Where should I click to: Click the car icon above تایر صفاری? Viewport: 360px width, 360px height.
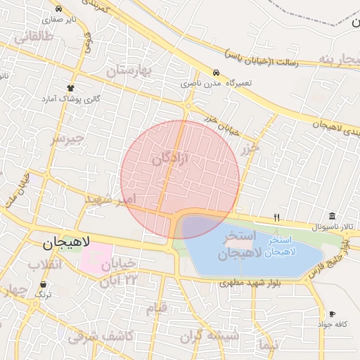click(58, 9)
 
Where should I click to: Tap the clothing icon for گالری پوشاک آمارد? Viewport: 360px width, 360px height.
click(70, 87)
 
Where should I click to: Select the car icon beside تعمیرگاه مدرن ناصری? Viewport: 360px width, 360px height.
click(215, 73)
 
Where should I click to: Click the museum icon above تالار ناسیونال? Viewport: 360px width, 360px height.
click(332, 216)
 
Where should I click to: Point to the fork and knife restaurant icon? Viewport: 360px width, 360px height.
click(277, 217)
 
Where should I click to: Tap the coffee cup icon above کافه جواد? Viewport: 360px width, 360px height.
click(332, 314)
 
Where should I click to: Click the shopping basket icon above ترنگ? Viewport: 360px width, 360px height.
click(44, 285)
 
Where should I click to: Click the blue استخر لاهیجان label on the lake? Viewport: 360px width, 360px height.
click(281, 245)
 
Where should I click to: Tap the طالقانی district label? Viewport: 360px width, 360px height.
click(33, 37)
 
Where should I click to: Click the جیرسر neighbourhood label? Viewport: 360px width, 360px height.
click(67, 139)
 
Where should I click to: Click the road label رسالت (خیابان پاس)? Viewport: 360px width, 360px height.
click(262, 58)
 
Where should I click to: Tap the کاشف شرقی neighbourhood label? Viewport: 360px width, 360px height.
click(101, 336)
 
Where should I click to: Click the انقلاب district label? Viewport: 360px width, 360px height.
click(44, 264)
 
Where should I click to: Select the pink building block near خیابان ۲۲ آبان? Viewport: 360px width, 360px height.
click(96, 257)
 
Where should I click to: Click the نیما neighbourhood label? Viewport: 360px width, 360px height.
click(268, 345)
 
